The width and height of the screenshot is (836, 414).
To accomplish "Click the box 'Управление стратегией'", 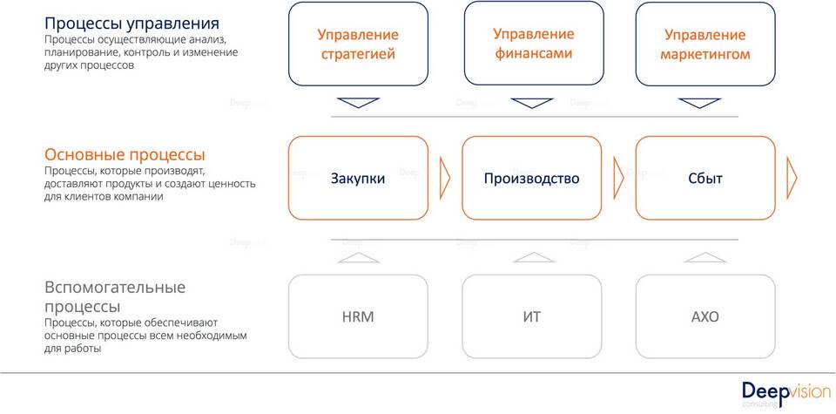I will tap(357, 44).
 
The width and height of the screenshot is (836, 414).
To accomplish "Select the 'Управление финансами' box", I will tap(533, 44).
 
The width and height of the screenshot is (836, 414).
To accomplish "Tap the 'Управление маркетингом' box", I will tap(705, 44).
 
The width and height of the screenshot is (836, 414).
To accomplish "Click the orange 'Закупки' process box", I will tap(358, 178).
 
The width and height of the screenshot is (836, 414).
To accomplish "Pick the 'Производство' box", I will tap(531, 178).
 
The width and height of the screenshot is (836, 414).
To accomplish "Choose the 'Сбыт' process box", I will tap(705, 178).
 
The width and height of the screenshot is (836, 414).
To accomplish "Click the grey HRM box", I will tap(358, 316).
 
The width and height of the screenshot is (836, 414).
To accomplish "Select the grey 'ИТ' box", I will tap(531, 316).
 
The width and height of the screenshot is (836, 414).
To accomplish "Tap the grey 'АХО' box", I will tap(705, 316).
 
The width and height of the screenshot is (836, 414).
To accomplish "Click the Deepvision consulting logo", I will tap(780, 393).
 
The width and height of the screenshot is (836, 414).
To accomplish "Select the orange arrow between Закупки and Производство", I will tap(445, 178).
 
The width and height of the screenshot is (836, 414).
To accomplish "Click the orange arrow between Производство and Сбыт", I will tap(619, 178).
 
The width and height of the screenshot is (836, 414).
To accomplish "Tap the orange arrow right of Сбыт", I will tap(792, 178).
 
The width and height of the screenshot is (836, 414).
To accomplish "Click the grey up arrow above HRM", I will tap(358, 257).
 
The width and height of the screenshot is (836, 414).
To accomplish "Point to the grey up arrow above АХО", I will tap(705, 257).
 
